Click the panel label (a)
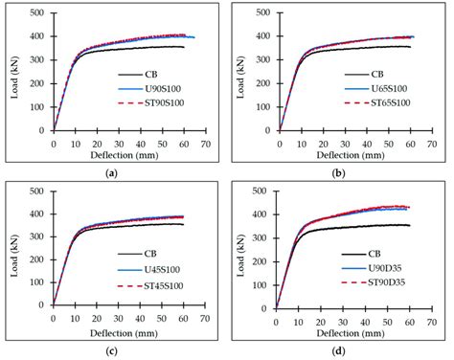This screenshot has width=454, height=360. [113, 173]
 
